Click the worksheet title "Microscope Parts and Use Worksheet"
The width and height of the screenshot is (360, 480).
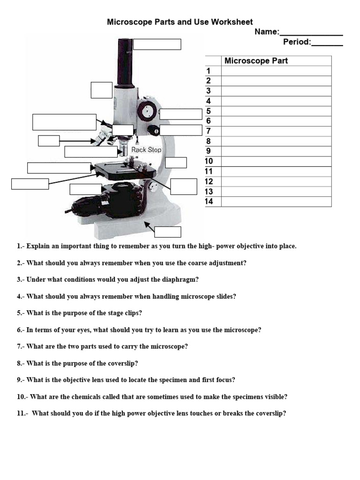click(x=180, y=22)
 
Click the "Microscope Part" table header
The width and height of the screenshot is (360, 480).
click(x=256, y=61)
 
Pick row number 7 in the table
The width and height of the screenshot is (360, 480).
click(x=209, y=131)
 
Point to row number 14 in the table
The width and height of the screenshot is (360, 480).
click(x=209, y=202)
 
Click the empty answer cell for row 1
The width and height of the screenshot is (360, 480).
click(x=276, y=71)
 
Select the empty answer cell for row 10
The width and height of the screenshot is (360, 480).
click(x=276, y=162)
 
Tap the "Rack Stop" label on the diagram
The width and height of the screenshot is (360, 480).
click(x=146, y=150)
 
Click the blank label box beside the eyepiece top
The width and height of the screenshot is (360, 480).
click(x=157, y=45)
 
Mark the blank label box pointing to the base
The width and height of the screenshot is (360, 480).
click(x=168, y=232)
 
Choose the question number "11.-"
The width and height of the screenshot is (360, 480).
click(x=23, y=413)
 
